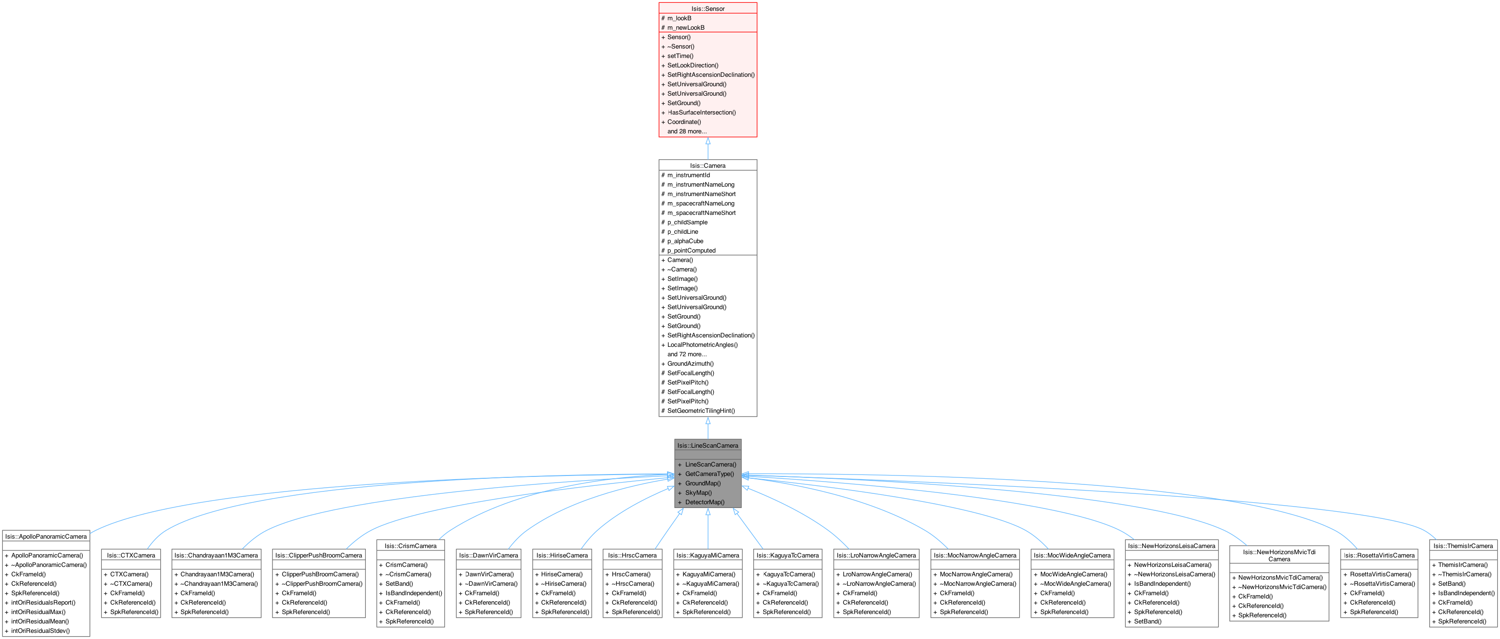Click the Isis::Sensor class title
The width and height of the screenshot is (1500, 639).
coord(708,9)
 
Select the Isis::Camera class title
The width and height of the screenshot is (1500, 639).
coord(708,166)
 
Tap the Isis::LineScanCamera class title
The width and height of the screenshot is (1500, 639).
coord(708,446)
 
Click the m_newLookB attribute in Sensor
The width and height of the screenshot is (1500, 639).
coord(685,27)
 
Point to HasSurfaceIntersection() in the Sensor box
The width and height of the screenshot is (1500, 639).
coord(701,112)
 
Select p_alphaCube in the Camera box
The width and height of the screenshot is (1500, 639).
coord(685,241)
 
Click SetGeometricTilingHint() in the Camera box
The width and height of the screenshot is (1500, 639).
coord(701,411)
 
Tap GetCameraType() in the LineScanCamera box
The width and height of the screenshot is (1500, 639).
coord(709,474)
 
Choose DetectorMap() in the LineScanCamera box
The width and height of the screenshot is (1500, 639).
coord(705,502)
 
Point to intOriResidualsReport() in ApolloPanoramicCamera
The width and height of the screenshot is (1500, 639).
coord(43,602)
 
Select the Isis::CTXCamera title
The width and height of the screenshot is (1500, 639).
coord(131,555)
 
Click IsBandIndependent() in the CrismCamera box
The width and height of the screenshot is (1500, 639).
coord(413,593)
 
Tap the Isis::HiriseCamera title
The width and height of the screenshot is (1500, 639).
coord(562,555)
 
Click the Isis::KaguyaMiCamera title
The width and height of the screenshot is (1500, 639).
coord(708,555)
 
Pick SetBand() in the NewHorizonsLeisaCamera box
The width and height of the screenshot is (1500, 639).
coord(1147,622)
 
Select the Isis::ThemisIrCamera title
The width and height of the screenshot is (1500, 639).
coord(1463,546)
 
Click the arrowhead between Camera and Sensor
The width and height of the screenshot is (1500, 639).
coord(708,141)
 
